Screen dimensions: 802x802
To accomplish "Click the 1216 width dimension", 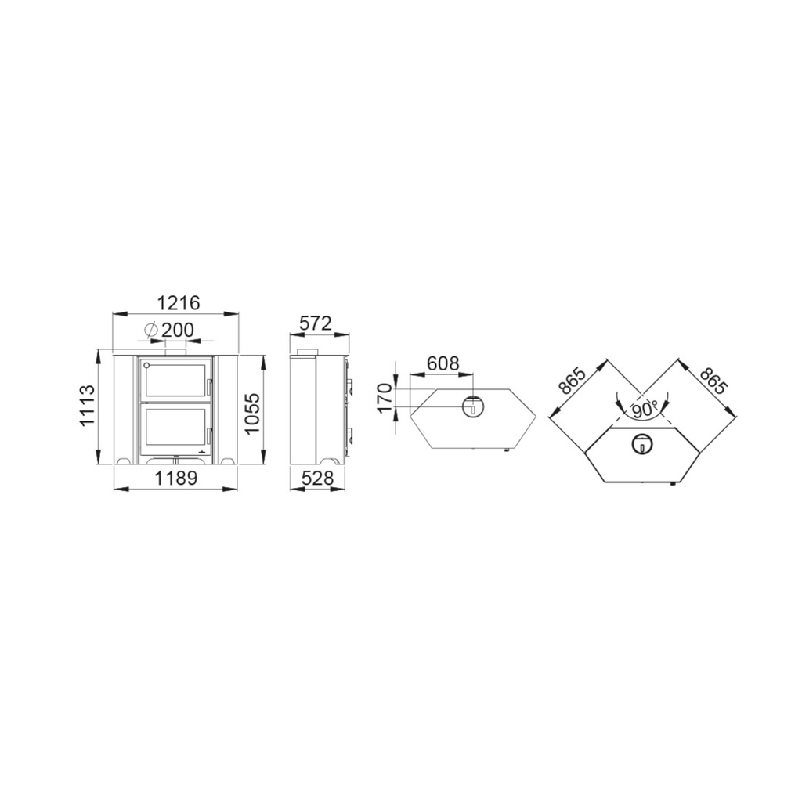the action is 178,303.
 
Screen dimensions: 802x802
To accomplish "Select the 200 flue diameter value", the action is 178,330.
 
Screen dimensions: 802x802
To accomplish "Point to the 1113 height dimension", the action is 87,405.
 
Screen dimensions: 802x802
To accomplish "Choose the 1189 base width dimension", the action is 176,479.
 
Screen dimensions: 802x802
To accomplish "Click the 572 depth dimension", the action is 316,323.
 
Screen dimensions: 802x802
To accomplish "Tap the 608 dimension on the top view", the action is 443,363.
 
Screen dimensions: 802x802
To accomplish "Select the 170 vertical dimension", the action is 384,397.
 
